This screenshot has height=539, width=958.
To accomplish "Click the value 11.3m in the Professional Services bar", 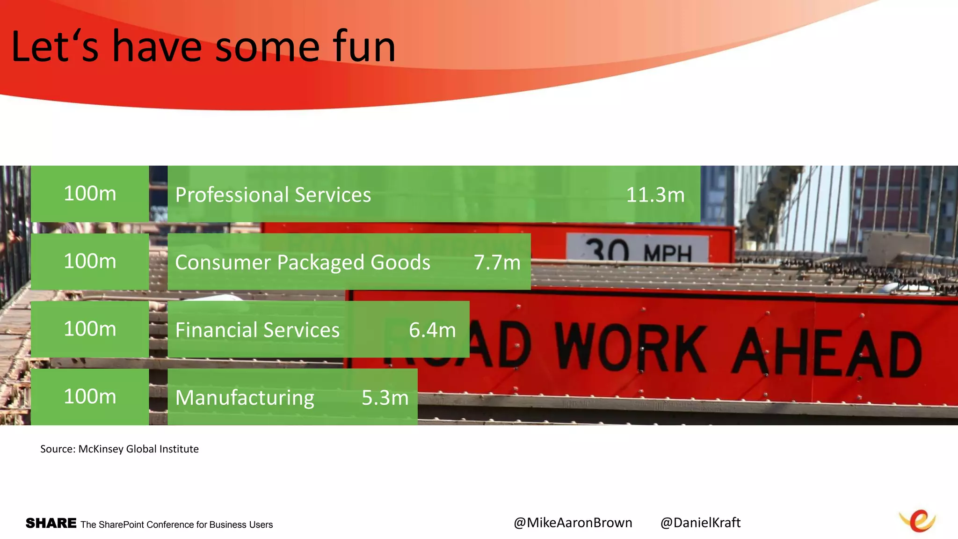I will click(655, 195).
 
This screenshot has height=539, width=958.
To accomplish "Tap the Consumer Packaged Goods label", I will click(302, 262).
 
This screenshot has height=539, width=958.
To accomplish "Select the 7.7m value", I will click(497, 262).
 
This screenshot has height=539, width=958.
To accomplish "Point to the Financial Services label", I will click(257, 330).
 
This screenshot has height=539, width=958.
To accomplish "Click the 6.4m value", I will click(432, 330).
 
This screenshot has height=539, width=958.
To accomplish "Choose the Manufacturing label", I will click(245, 398).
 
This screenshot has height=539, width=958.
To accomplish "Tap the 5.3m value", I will click(385, 398).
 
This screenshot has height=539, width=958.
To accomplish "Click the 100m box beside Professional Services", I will click(90, 194).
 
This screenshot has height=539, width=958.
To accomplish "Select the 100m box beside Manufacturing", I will click(90, 397).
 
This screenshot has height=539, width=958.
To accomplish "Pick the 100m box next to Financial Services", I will click(90, 329).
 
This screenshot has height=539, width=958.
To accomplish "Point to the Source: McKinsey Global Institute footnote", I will click(119, 449).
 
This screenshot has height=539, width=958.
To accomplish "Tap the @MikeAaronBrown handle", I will click(573, 523).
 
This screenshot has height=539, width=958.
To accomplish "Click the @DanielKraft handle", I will click(700, 523).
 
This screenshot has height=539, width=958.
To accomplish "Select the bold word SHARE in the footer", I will click(51, 523).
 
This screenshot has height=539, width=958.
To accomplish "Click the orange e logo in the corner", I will click(918, 520).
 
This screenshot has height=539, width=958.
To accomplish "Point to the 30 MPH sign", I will click(638, 250).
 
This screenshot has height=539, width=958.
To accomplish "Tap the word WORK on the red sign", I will click(631, 349).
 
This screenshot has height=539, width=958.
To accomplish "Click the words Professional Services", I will click(273, 195).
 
